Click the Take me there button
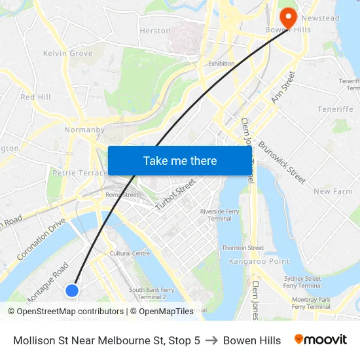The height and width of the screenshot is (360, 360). [179, 160]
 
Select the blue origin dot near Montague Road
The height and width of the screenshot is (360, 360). [72, 290]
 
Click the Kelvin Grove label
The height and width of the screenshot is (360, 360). [67, 53]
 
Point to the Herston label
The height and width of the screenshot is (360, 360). [155, 31]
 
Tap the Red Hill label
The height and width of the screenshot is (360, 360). [35, 97]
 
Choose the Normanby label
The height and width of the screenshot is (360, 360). [84, 130]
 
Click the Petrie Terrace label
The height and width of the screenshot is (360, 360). [79, 173]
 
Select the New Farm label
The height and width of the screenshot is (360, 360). [333, 191]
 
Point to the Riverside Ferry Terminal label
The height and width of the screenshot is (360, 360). [221, 215]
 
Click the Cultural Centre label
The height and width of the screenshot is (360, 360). [130, 253]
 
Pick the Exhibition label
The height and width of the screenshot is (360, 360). [221, 63]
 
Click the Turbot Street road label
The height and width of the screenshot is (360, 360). [175, 194]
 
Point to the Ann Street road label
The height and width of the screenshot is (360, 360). [283, 87]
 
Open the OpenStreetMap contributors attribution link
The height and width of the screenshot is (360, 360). [70, 312]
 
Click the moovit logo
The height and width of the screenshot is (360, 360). [321, 340]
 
